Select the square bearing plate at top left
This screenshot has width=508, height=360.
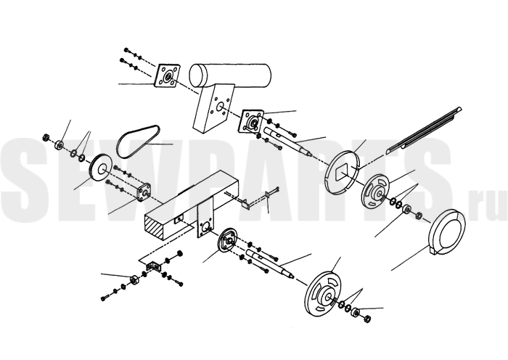pos(167,75)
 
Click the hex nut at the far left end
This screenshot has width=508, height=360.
pos(46,137)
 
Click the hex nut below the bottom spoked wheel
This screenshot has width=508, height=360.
pos(367,319)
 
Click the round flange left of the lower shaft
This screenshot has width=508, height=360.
pos(227,240)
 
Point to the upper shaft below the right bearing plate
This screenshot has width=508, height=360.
pos(287,142)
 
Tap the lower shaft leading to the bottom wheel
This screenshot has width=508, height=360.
pos(270,263)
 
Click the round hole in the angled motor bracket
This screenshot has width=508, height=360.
pos(221,106)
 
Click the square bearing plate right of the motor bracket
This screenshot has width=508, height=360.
pos(252,122)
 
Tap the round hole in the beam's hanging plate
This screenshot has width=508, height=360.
pos(205,227)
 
